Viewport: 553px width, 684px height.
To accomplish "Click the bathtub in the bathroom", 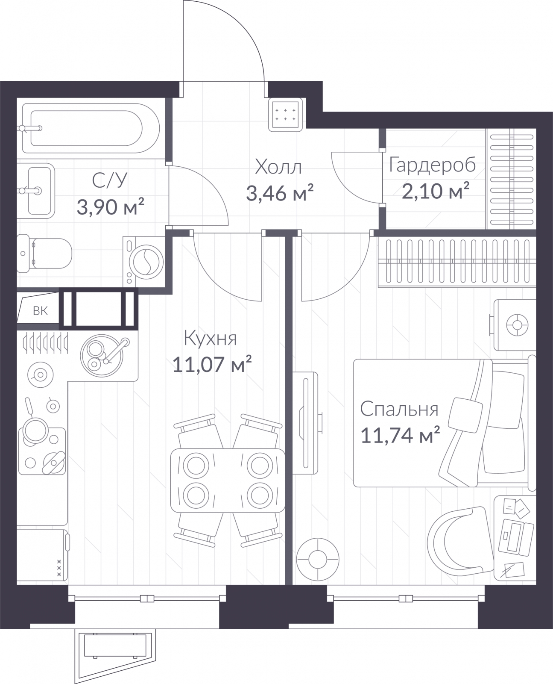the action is [91, 128].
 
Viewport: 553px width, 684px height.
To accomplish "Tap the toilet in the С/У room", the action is [44, 254].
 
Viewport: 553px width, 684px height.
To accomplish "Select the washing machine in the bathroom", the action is [143, 261].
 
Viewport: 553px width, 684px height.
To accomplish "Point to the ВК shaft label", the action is [41, 311].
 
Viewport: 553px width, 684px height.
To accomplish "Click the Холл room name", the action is [278, 167].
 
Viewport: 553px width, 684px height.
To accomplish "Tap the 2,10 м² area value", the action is [436, 191].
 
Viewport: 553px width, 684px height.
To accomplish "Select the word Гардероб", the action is [433, 165].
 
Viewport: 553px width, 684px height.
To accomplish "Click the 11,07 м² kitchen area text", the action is [212, 364].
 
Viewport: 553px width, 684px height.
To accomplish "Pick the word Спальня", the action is [399, 410].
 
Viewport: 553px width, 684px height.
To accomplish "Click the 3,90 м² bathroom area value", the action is [110, 207].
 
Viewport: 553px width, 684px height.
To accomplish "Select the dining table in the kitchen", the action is [228, 481].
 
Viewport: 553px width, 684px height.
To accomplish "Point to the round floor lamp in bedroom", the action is [318, 560].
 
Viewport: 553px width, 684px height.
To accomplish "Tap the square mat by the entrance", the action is [286, 114].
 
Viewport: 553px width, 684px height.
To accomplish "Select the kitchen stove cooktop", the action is [42, 451].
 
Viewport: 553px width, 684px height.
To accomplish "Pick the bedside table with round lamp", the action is [515, 325].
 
